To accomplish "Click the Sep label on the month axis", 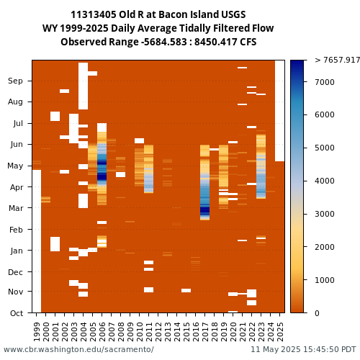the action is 15,81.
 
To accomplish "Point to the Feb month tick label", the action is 16,230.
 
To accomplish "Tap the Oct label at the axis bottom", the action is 17,313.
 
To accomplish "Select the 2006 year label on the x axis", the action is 102,332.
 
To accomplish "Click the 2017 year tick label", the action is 205,332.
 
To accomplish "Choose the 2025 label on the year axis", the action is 280,332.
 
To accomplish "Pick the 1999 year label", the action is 37,332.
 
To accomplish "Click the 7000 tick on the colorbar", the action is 325,82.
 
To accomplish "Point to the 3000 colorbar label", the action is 325,214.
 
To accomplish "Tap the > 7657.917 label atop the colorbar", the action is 337,60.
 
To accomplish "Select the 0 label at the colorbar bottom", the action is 317,313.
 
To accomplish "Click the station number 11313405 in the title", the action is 94,14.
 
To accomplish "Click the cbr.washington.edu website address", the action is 78,349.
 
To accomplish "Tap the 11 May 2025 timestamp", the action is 304,349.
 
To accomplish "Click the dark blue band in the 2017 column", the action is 205,210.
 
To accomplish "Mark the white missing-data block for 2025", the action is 279,111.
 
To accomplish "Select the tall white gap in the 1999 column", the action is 37,241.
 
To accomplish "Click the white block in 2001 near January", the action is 55,244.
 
